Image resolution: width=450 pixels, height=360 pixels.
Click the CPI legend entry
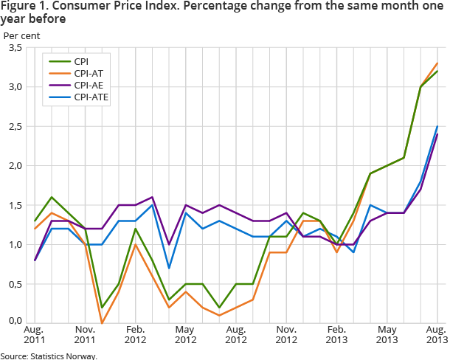point(82,62)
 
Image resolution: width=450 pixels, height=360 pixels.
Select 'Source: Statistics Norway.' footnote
point(49,356)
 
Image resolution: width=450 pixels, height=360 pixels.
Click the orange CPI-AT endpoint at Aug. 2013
point(437,63)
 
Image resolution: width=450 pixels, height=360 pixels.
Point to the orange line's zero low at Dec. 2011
point(102,323)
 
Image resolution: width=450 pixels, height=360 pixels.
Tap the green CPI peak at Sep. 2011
point(52,197)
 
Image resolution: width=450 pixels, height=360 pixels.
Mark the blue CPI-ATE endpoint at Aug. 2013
point(437,126)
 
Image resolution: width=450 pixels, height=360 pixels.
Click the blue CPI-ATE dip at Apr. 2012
point(168,269)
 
